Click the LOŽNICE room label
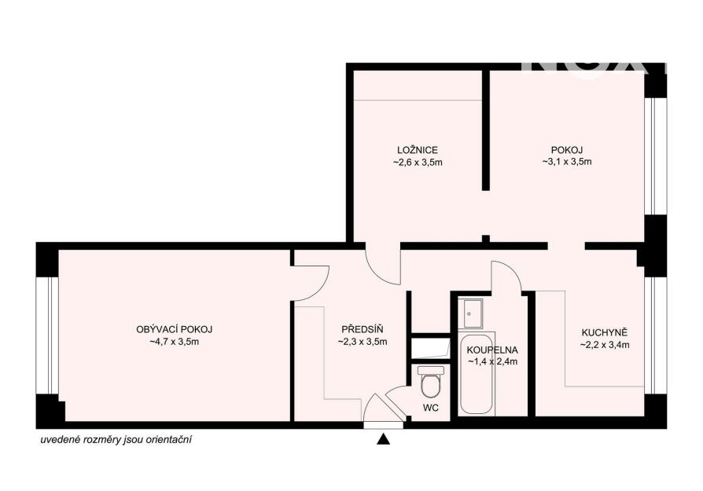pyautogui.click(x=417, y=150)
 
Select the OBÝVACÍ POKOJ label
pyautogui.click(x=174, y=329)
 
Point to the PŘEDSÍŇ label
pyautogui.click(x=363, y=329)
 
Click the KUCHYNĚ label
pyautogui.click(x=605, y=333)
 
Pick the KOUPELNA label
pyautogui.click(x=492, y=350)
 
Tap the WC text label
pyautogui.click(x=430, y=409)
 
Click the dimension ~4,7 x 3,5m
pyautogui.click(x=174, y=342)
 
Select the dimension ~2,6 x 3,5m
pyautogui.click(x=418, y=162)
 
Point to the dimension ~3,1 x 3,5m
pyautogui.click(x=567, y=162)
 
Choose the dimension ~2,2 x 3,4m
pyautogui.click(x=605, y=345)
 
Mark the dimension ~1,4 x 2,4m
pyautogui.click(x=493, y=361)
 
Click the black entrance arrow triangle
pyautogui.click(x=383, y=439)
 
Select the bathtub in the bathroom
pyautogui.click(x=477, y=374)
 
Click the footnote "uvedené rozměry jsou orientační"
pyautogui.click(x=116, y=440)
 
